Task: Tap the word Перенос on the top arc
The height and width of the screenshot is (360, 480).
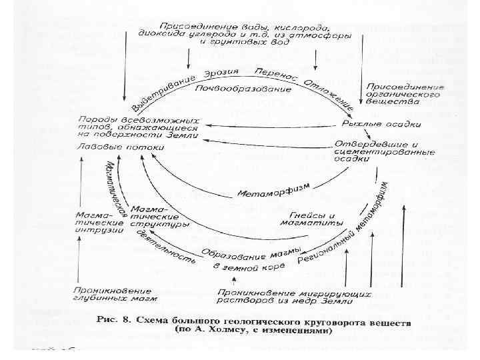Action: [x=269, y=73]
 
